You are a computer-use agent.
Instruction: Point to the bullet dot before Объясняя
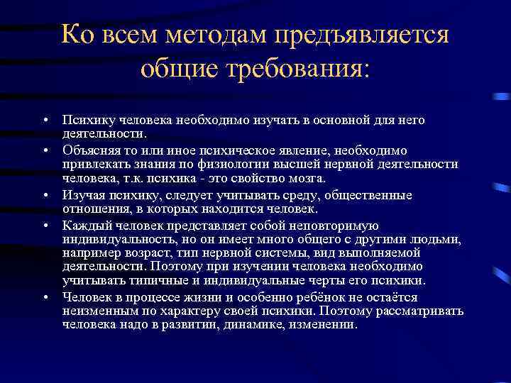tap(44, 151)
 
